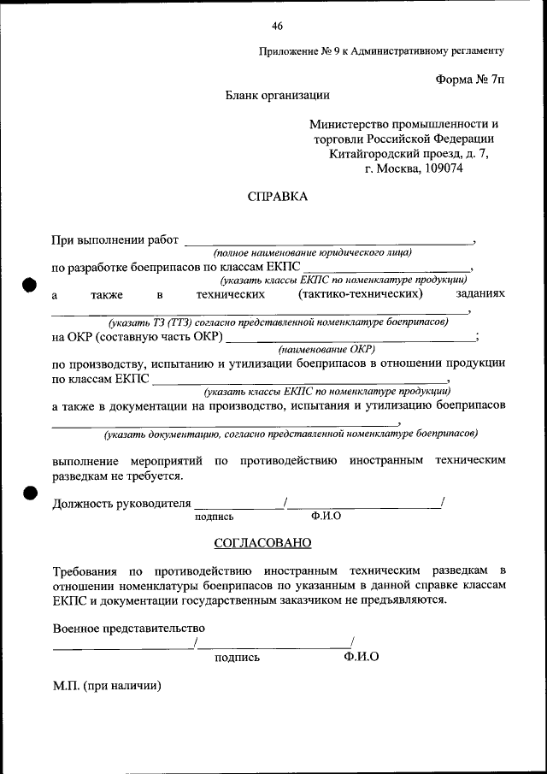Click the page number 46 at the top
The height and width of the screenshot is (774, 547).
click(277, 25)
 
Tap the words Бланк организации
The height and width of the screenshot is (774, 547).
click(277, 96)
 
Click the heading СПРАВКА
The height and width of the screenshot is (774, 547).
click(276, 196)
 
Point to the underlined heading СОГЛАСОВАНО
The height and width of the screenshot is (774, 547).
click(262, 542)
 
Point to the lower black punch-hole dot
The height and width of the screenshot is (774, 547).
click(29, 493)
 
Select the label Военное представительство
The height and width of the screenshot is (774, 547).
click(128, 629)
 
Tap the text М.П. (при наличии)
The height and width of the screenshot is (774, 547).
click(106, 685)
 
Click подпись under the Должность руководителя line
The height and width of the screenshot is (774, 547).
click(214, 517)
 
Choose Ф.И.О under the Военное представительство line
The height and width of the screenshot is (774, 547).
click(361, 656)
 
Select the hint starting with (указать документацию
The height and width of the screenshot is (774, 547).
click(291, 434)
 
